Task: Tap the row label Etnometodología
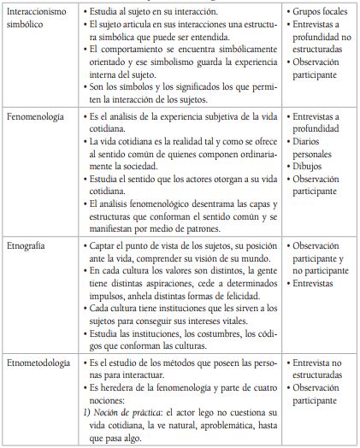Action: pyautogui.click(x=44, y=363)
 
